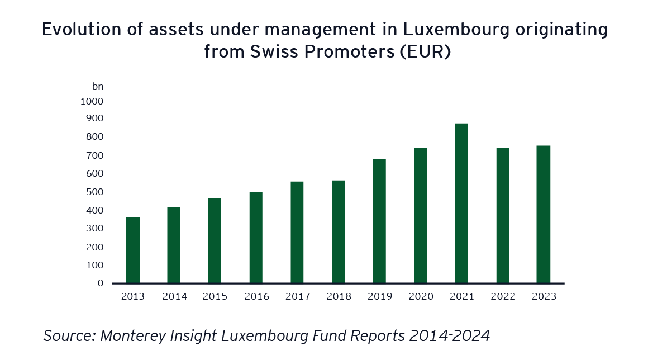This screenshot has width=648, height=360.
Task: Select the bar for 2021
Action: tap(461, 203)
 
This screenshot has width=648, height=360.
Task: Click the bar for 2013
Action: tap(133, 250)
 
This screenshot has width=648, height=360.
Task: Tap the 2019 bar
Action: tap(379, 221)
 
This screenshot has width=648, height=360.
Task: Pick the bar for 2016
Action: tap(256, 237)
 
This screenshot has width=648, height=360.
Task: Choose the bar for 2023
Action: tap(544, 214)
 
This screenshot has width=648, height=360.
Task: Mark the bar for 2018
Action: tap(338, 231)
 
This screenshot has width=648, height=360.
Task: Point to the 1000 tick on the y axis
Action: tap(92, 101)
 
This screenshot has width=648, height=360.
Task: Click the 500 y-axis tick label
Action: tap(95, 192)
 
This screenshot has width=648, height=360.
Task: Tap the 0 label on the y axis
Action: tap(100, 283)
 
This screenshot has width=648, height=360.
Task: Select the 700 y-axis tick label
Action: tap(95, 155)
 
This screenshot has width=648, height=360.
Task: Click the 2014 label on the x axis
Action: tap(174, 296)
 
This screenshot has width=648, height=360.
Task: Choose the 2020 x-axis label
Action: tap(421, 296)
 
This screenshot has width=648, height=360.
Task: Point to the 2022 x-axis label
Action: tap(503, 296)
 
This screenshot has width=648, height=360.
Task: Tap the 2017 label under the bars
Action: tap(297, 296)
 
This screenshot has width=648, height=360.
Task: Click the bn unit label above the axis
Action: tap(98, 87)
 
